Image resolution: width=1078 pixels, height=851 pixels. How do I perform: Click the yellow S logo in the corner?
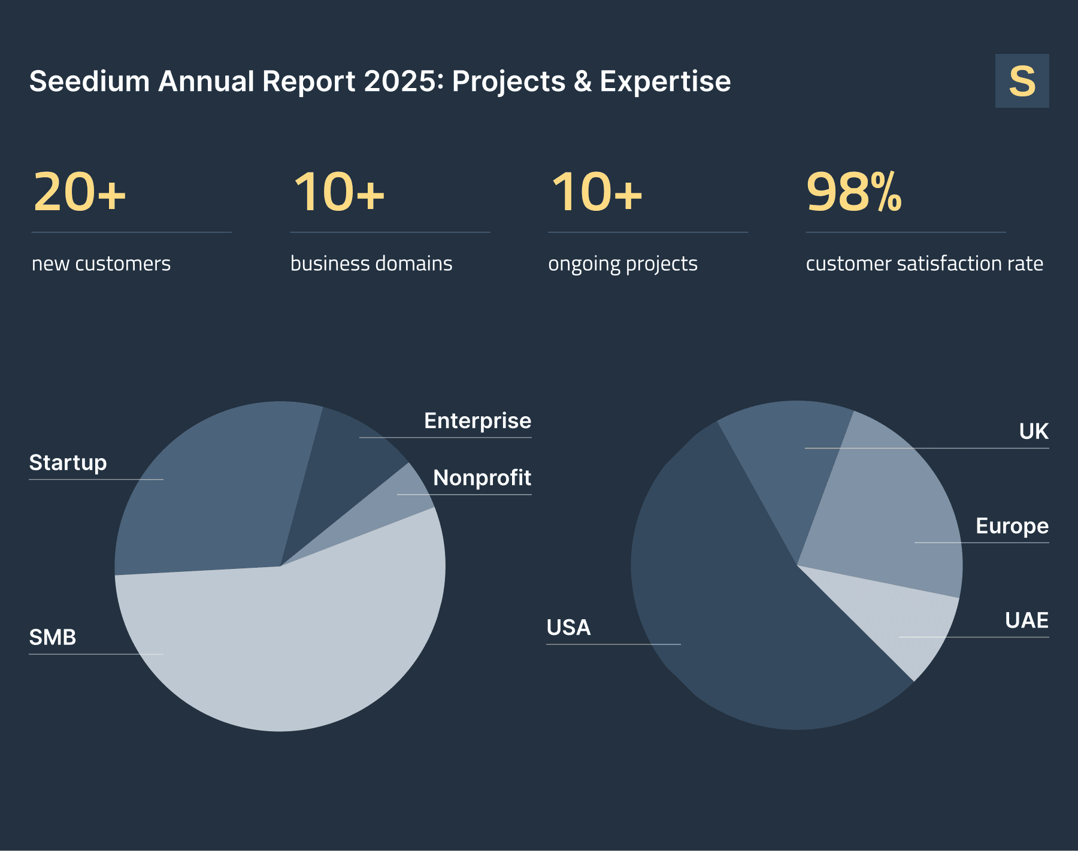point(1022,81)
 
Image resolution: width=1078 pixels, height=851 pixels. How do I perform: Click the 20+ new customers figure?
point(80,192)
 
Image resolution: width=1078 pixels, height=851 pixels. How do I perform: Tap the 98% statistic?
point(853,192)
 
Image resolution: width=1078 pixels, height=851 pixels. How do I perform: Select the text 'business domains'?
point(371,264)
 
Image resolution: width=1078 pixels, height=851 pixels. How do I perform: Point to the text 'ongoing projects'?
point(623,264)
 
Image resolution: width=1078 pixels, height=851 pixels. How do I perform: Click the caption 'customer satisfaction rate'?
point(924,264)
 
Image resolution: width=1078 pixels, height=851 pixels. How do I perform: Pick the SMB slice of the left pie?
point(287,641)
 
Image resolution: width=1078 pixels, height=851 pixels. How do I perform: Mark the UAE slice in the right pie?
point(904,623)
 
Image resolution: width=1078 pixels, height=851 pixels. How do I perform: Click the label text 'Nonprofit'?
point(482,478)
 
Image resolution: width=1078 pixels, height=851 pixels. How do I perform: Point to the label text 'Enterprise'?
point(477,421)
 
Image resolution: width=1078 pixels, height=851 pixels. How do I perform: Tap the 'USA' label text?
point(568,628)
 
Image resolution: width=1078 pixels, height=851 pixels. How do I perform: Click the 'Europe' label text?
point(1012,526)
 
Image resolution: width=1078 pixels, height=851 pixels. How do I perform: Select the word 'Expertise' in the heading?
point(665,81)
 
